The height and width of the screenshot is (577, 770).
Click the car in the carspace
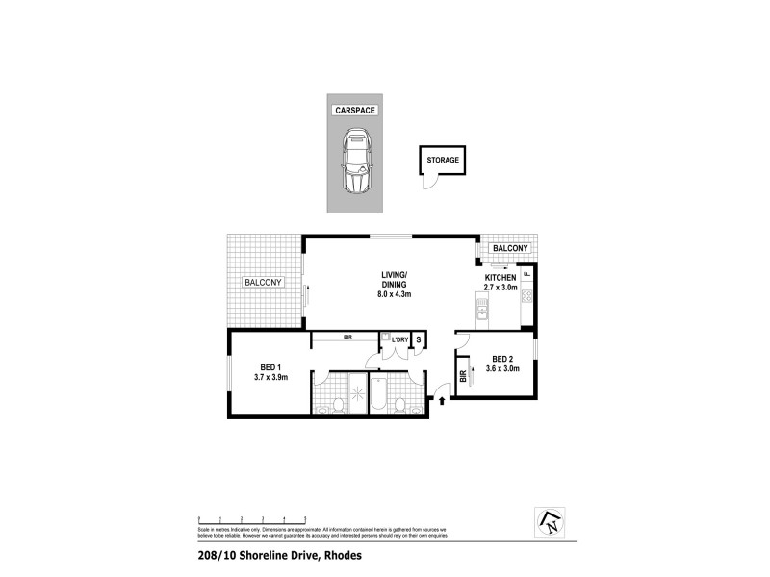tap(355, 165)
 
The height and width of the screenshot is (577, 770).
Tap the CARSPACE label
tap(355, 111)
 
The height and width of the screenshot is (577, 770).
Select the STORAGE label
tap(443, 160)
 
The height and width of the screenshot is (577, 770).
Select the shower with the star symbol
tap(357, 394)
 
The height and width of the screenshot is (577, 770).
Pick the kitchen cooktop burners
tap(526, 297)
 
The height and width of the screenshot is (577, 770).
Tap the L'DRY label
tap(400, 340)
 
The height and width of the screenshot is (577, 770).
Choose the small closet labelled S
tap(419, 340)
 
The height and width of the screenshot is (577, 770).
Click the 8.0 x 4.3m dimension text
tap(395, 294)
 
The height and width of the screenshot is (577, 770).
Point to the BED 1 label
tap(270, 366)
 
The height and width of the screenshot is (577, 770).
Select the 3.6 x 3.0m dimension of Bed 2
tap(502, 368)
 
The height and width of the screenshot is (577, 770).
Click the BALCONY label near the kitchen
tap(510, 249)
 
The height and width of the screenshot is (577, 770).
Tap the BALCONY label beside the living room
tap(263, 282)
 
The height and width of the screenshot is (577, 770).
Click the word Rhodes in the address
tap(348, 555)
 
